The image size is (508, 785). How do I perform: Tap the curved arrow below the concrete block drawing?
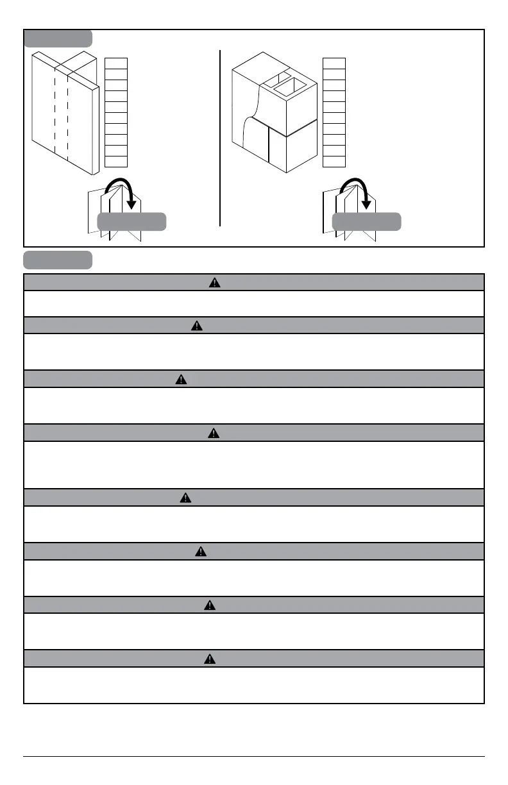pos(357,190)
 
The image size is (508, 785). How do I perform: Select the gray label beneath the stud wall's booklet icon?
pos(131,222)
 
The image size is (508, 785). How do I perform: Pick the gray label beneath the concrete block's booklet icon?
pos(367,222)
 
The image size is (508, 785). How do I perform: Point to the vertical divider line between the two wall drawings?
pos(220,138)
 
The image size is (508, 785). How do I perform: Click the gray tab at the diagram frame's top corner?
pos(58,38)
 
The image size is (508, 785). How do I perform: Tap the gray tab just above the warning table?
pos(58,260)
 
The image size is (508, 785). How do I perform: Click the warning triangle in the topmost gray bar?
pos(215,283)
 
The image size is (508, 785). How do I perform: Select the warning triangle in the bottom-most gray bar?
pos(208,659)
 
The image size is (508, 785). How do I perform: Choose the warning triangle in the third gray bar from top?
pos(181,379)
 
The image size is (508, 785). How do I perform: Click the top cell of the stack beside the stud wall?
pos(116,62)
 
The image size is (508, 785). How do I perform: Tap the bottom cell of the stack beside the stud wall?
pos(116,160)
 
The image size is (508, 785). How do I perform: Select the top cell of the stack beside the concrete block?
pos(334,62)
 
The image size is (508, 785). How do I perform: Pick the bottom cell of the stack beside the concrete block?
pos(334,160)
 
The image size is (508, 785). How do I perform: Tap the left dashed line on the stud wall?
pos(55,115)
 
